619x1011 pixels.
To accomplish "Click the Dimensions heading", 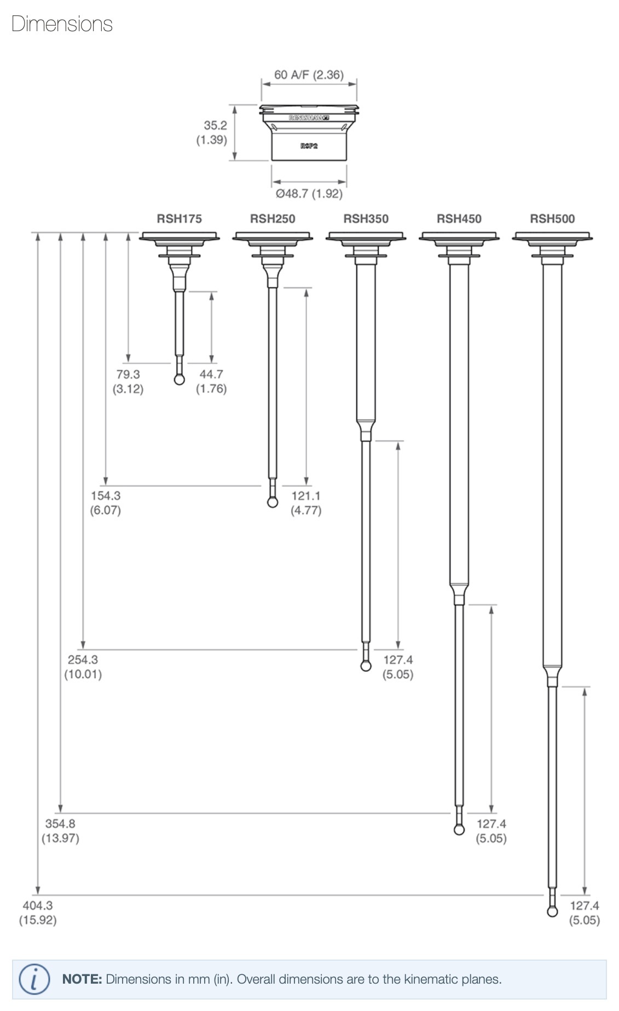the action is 62,24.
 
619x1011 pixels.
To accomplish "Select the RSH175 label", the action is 179,219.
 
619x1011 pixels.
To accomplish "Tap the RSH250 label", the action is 273,219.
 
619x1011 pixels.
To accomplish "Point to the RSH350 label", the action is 366,219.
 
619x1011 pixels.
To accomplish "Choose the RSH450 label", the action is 459,219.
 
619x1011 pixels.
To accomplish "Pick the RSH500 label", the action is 552,219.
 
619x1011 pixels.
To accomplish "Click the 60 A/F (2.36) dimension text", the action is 309,75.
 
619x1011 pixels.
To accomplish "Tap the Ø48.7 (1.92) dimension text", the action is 309,194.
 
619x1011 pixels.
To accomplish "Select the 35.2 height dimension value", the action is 215,125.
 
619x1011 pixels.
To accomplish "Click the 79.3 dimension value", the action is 128,374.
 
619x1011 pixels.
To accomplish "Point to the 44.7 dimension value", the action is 211,374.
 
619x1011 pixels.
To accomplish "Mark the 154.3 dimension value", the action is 106,496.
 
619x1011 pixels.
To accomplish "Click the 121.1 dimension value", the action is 306,496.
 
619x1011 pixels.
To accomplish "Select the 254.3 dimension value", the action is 83,660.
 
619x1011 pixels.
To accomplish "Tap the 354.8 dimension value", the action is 60,823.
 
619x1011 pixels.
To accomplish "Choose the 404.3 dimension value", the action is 38,905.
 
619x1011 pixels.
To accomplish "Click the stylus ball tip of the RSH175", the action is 180,379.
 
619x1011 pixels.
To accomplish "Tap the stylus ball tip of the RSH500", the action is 552,911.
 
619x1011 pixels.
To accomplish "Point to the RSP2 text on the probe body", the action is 309,146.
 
